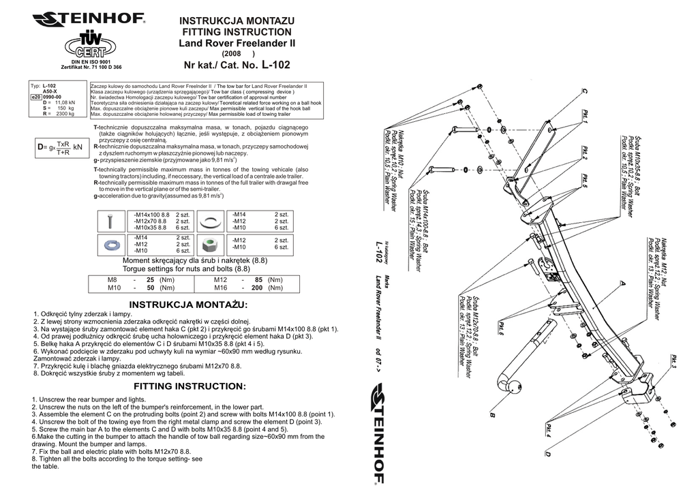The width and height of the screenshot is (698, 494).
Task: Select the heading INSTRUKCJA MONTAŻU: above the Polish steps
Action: pyautogui.click(x=189, y=304)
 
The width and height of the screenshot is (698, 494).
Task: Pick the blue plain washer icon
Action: pyautogui.click(x=110, y=243)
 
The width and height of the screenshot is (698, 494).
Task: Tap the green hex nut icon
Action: pyautogui.click(x=212, y=243)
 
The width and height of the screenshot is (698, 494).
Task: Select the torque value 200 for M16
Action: pyautogui.click(x=257, y=288)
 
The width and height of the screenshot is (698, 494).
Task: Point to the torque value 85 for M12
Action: pyautogui.click(x=258, y=279)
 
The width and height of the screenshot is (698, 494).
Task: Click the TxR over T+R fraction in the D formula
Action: pyautogui.click(x=63, y=149)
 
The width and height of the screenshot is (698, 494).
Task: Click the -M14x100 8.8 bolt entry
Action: pyautogui.click(x=151, y=214)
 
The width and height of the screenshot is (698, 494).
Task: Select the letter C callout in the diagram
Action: pyautogui.click(x=583, y=91)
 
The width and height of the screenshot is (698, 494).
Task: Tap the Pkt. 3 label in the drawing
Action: pyautogui.click(x=673, y=362)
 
